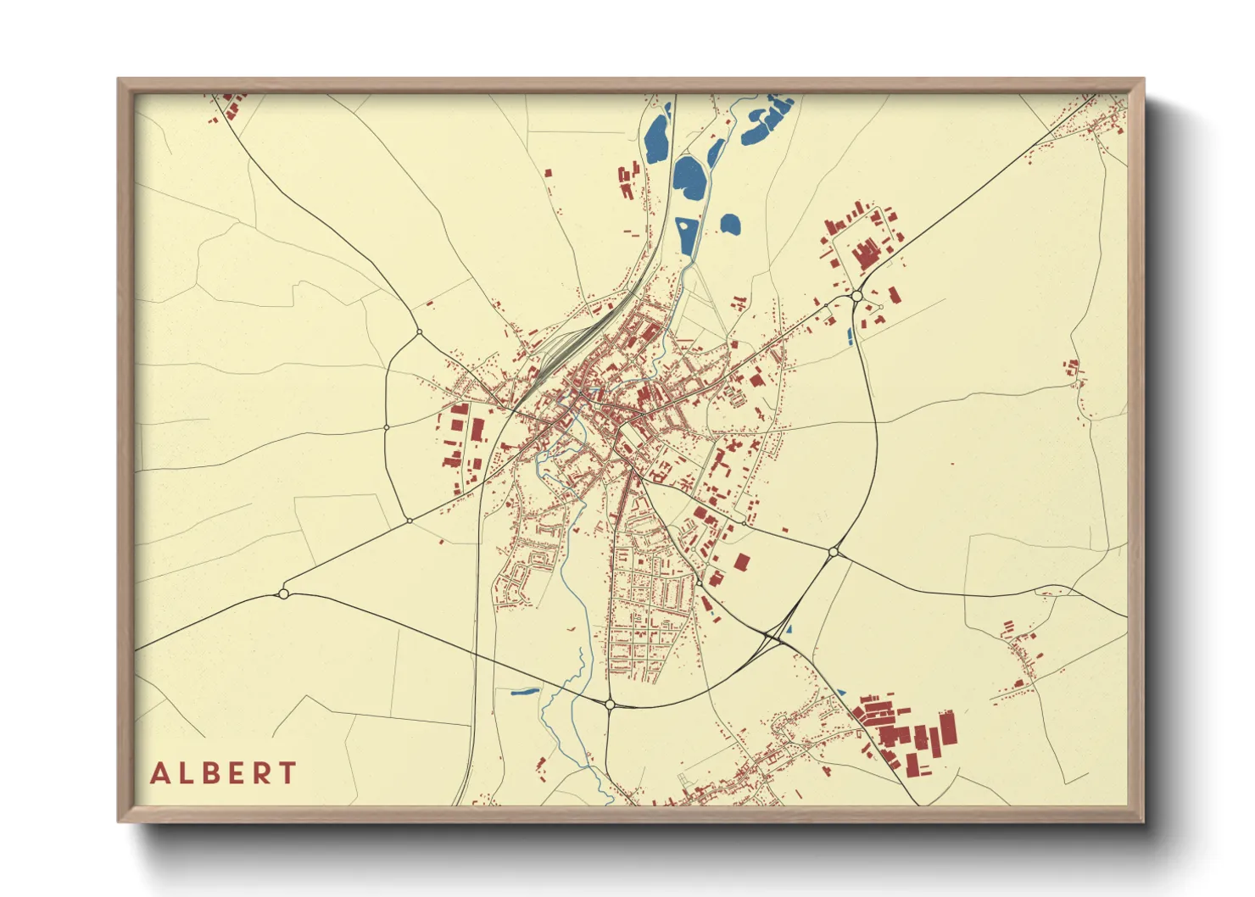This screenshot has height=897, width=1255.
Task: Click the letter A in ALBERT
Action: coord(160,773)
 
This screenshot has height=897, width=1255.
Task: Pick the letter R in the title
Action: coord(262,773)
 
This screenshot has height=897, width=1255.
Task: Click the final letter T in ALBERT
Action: coord(287,773)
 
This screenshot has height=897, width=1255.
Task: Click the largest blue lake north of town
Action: coord(690,177)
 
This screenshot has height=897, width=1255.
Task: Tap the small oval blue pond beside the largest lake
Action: coord(729,224)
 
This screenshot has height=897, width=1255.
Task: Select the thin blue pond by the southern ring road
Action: coord(525,691)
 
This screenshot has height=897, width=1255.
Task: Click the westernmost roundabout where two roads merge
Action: coord(283,594)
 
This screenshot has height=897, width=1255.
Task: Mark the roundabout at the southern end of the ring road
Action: coord(610,704)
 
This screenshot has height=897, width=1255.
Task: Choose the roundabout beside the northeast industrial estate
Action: coord(857,296)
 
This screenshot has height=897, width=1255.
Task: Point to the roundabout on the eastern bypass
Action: coord(834,552)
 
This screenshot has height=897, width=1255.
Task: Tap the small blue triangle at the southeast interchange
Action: coord(789,630)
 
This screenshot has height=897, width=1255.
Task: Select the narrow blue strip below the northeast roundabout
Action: coord(850,335)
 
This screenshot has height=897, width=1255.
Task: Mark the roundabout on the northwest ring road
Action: coord(419,332)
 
